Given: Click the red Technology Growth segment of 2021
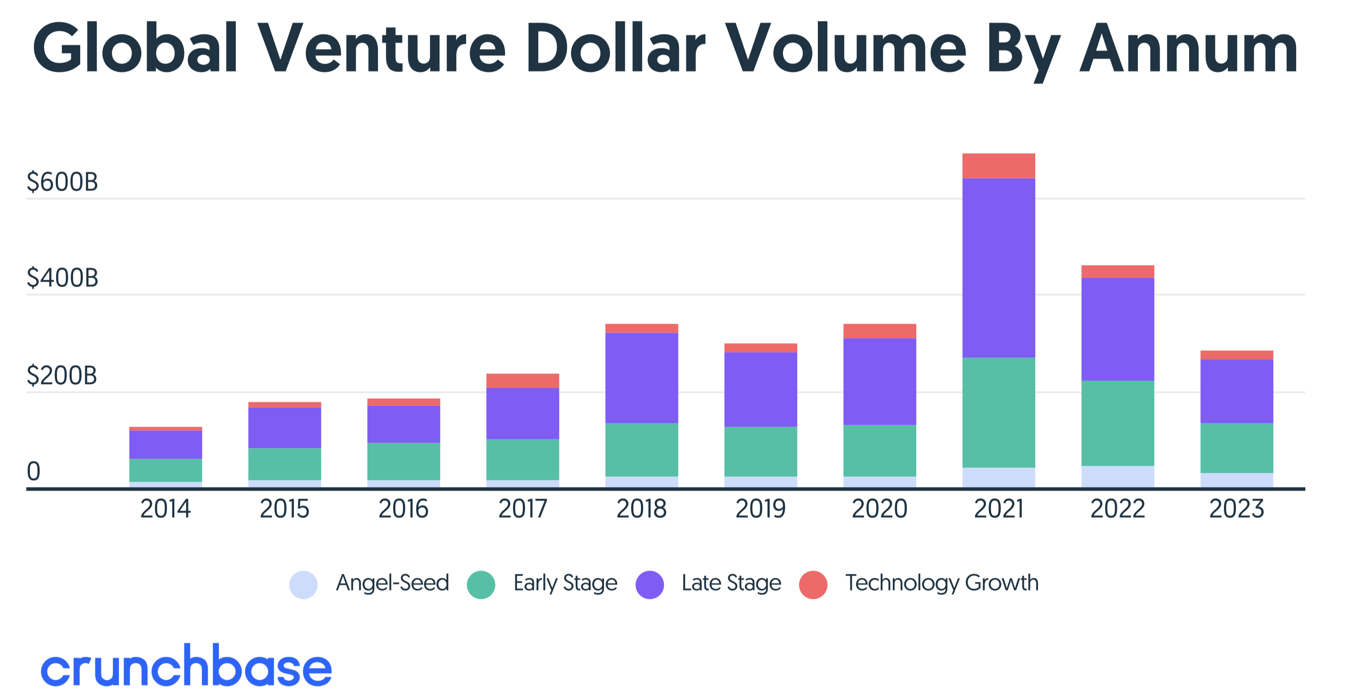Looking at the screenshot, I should tap(998, 166).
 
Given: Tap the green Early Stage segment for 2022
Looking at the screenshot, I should tap(1117, 423).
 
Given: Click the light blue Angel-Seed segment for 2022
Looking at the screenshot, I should tap(1117, 476).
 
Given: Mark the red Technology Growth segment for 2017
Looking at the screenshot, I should tap(522, 380).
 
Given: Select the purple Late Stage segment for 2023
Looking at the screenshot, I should tap(1236, 391).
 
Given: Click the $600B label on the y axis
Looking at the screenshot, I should tap(62, 182).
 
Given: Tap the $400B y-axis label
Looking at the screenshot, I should tap(62, 278).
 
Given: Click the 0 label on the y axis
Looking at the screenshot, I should tap(33, 471).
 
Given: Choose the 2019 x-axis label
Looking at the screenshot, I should tap(760, 508).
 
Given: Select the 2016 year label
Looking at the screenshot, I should tap(403, 508).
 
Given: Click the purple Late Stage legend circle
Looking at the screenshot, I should tap(649, 584).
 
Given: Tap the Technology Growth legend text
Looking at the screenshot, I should tap(942, 583).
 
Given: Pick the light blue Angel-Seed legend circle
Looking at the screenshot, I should tap(303, 584).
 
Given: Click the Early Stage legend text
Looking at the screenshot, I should tap(565, 583).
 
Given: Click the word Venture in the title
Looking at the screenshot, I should tap(382, 48).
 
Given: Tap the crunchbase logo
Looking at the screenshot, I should tap(186, 665).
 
